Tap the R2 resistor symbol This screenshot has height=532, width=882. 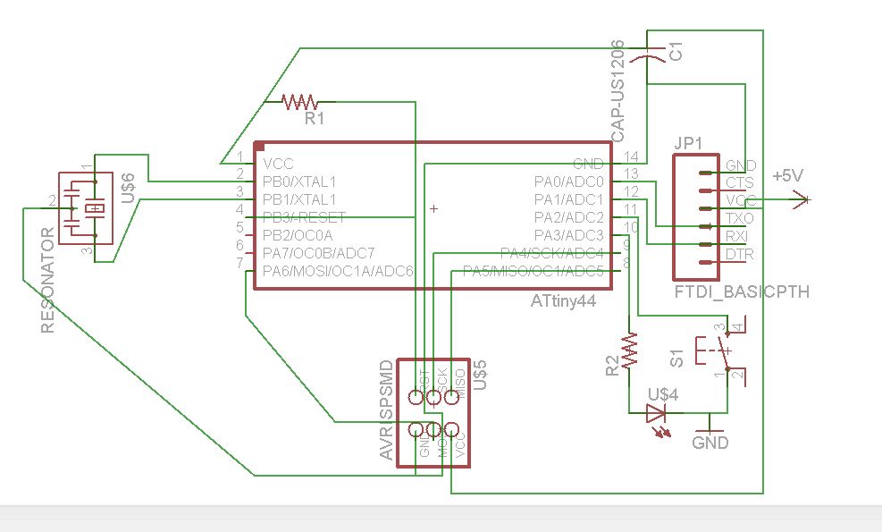click(x=631, y=351)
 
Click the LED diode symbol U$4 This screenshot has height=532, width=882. click(x=657, y=413)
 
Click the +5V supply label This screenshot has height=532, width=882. click(x=789, y=176)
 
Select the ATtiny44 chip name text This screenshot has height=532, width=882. click(x=563, y=303)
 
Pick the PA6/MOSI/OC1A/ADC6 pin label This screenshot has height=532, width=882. click(x=337, y=271)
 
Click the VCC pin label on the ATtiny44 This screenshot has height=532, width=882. click(x=277, y=165)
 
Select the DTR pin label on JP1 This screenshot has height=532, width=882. click(x=740, y=255)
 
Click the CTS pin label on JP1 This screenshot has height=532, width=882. click(x=740, y=183)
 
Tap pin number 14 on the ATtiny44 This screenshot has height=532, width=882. click(x=631, y=156)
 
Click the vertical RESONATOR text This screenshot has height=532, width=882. click(x=48, y=280)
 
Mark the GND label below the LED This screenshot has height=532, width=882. click(x=710, y=443)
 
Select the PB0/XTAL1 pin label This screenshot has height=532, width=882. click(x=298, y=182)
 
